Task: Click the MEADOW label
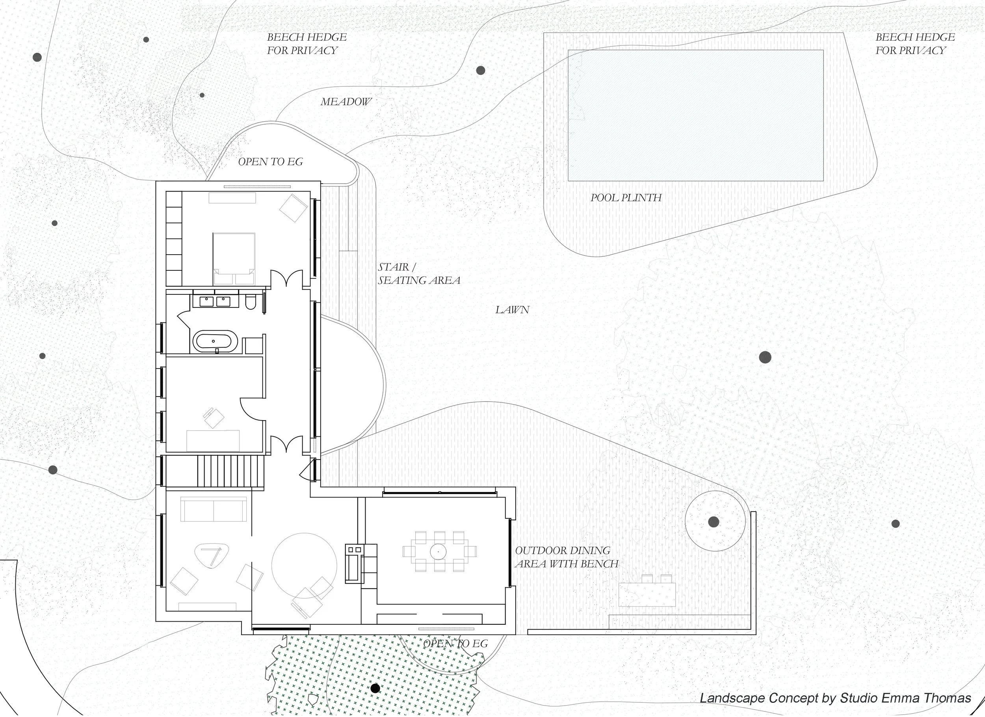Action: pyautogui.click(x=346, y=102)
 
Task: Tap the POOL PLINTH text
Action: pyautogui.click(x=626, y=198)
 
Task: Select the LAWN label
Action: pyautogui.click(x=513, y=310)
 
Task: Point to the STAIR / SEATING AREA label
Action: pyautogui.click(x=419, y=274)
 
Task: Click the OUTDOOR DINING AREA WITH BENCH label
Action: pyautogui.click(x=567, y=557)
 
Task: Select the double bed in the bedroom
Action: pyautogui.click(x=234, y=259)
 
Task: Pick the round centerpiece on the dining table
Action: pyautogui.click(x=438, y=552)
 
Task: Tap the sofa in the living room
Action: pyautogui.click(x=214, y=509)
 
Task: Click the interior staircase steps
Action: pyautogui.click(x=230, y=471)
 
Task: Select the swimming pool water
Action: pyautogui.click(x=696, y=115)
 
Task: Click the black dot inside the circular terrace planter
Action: pyautogui.click(x=714, y=522)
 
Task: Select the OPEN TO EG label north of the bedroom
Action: pyautogui.click(x=271, y=162)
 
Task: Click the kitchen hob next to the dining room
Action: pyautogui.click(x=353, y=564)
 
